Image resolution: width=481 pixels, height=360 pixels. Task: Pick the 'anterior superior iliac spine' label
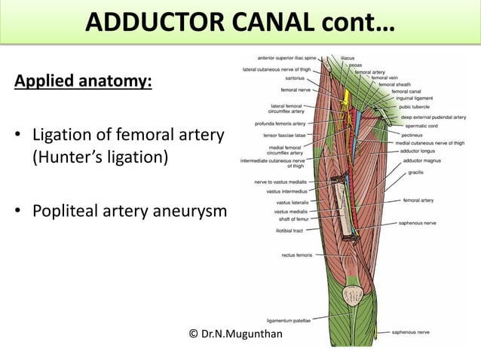point(286,57)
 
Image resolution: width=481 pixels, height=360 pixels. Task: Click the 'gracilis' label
point(415,172)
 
